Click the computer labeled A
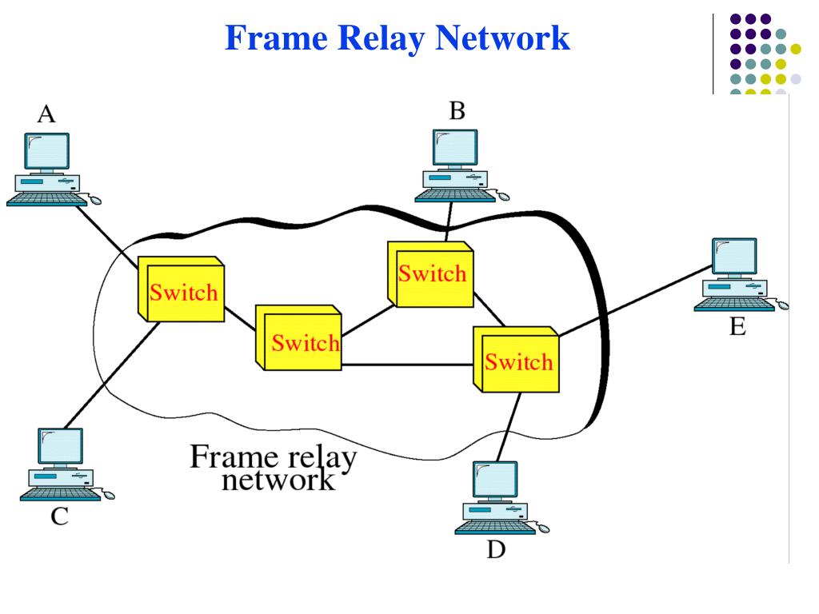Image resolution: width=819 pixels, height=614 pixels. pyautogui.click(x=46, y=169)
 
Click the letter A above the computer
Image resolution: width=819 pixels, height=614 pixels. pyautogui.click(x=47, y=115)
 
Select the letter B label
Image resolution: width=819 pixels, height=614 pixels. pyautogui.click(x=457, y=111)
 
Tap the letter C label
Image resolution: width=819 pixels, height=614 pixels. pyautogui.click(x=59, y=516)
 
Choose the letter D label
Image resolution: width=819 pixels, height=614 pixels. pyautogui.click(x=496, y=551)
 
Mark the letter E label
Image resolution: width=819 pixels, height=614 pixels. pyautogui.click(x=737, y=327)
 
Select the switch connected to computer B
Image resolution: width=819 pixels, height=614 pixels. pyautogui.click(x=431, y=273)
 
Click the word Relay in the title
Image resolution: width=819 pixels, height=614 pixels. pyautogui.click(x=382, y=38)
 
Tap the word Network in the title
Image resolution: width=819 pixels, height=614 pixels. pyautogui.click(x=507, y=38)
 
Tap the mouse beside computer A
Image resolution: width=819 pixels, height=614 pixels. pyautogui.click(x=95, y=199)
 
